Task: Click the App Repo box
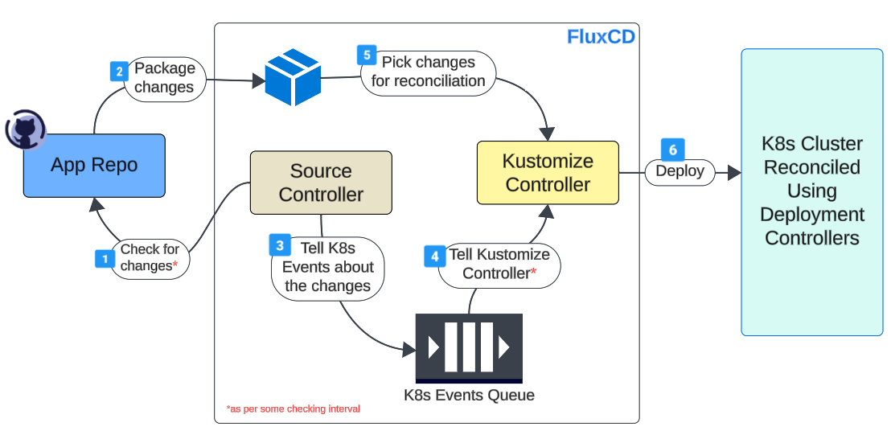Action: pyautogui.click(x=94, y=166)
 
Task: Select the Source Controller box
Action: pyautogui.click(x=321, y=183)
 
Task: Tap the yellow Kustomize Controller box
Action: pyautogui.click(x=548, y=172)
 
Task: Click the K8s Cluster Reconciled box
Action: pyautogui.click(x=811, y=191)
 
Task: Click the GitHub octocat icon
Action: pyautogui.click(x=25, y=130)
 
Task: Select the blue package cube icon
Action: pyautogui.click(x=293, y=77)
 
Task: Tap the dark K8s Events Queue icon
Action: pyautogui.click(x=469, y=347)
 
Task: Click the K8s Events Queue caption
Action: pyautogui.click(x=469, y=395)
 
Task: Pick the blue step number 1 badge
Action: pyautogui.click(x=105, y=259)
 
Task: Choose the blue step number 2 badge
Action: pyautogui.click(x=119, y=72)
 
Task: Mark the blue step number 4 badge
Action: pyautogui.click(x=434, y=257)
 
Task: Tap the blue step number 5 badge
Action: pyautogui.click(x=367, y=55)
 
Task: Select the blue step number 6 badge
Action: pyautogui.click(x=672, y=150)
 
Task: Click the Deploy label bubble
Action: pyautogui.click(x=680, y=171)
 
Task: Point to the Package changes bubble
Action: pyautogui.click(x=165, y=78)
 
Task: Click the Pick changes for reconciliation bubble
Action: pyautogui.click(x=428, y=72)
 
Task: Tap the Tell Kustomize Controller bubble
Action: pyautogui.click(x=499, y=264)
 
